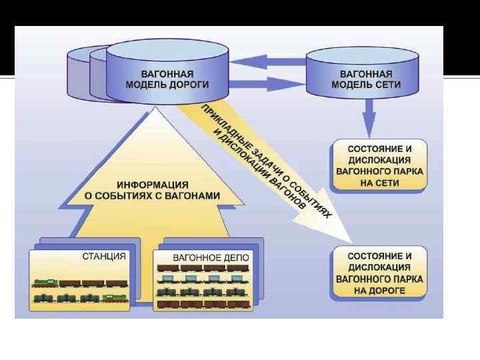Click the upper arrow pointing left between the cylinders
[x=267, y=61]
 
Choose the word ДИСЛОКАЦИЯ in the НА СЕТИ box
[x=379, y=160]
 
